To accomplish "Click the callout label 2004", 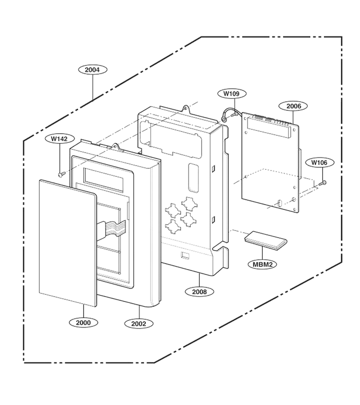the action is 92,70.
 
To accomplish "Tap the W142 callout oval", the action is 59,139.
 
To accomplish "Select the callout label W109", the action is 231,94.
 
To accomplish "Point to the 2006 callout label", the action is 294,106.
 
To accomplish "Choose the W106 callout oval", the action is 319,163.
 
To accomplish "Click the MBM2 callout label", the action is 262,265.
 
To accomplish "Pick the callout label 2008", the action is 199,292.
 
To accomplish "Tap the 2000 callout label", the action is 83,323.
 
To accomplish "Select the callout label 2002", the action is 139,324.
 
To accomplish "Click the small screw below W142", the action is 61,175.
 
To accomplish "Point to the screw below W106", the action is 323,183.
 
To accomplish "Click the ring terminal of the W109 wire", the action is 224,119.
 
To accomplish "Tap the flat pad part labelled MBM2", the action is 266,240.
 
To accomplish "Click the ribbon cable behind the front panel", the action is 112,228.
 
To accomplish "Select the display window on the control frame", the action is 103,180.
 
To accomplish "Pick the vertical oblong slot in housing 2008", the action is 193,178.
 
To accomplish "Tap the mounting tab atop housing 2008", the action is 186,109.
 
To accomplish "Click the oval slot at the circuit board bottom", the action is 279,203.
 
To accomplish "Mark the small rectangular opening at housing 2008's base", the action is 185,255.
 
